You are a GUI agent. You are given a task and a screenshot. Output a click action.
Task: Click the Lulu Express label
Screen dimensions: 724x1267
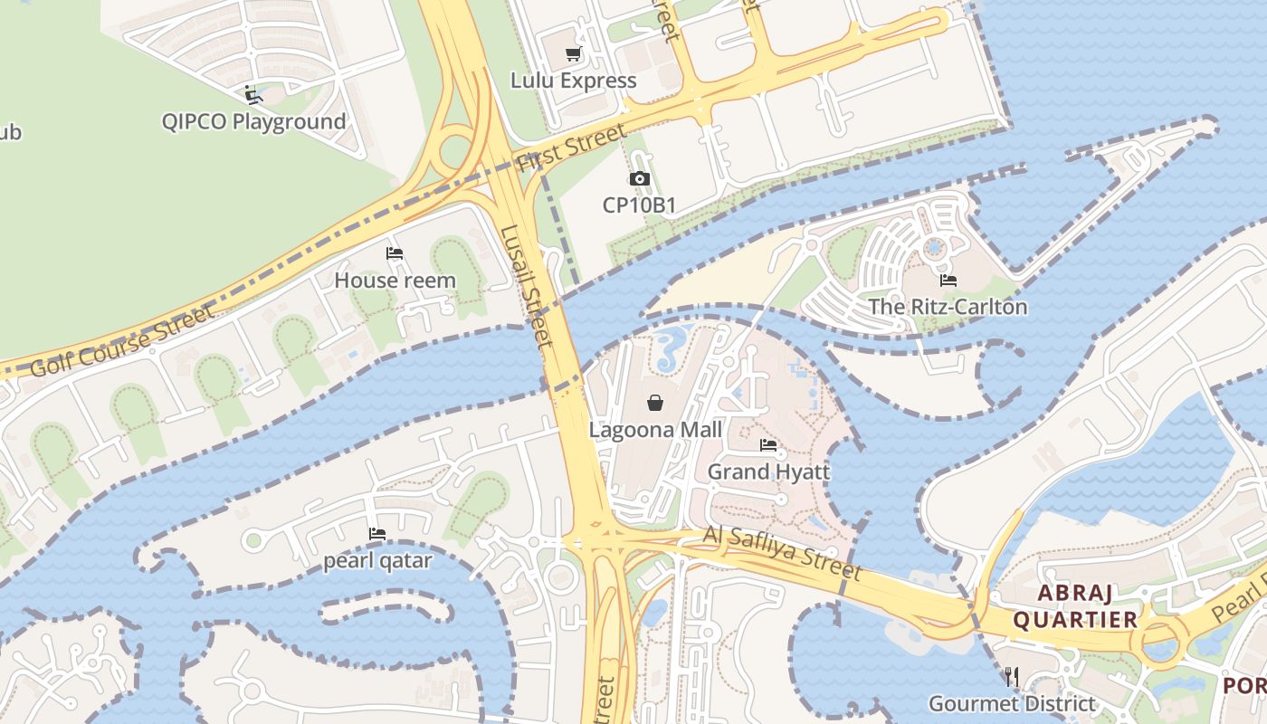(x=573, y=81)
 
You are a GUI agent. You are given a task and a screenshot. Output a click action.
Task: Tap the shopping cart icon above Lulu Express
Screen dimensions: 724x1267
(x=573, y=54)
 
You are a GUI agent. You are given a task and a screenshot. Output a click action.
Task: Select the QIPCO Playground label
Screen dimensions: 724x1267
(x=253, y=121)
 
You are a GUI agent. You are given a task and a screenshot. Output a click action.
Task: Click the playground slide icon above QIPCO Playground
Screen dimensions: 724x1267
(x=253, y=94)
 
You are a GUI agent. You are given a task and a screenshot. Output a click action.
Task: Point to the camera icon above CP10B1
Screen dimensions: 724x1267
(x=639, y=179)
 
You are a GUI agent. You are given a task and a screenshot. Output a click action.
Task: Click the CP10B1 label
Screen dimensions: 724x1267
(x=639, y=205)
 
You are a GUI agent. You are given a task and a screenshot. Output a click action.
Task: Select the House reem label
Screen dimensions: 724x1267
(x=395, y=281)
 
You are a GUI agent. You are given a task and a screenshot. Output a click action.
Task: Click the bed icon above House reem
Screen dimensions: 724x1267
(x=395, y=253)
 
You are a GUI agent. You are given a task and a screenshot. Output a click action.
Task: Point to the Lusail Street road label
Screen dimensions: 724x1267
(x=526, y=286)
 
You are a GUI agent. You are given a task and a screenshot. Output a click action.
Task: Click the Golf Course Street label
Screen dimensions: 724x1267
(x=122, y=341)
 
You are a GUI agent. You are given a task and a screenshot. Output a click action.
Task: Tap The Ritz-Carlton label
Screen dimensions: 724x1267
(x=948, y=307)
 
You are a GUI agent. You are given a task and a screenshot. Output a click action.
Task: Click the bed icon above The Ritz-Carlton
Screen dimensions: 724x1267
(x=948, y=281)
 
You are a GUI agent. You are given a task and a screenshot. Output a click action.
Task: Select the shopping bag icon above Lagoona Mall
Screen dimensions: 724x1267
(x=655, y=403)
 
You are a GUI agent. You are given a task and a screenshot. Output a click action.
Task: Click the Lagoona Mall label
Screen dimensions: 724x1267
(x=655, y=429)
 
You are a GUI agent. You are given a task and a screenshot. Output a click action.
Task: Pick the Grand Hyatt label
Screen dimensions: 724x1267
(x=768, y=472)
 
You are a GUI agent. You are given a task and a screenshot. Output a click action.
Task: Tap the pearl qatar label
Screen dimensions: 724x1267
(x=377, y=561)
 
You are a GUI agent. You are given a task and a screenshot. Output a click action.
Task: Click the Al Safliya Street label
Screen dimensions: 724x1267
(x=782, y=552)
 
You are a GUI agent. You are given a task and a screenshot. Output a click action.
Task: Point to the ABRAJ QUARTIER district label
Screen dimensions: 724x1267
(x=1075, y=606)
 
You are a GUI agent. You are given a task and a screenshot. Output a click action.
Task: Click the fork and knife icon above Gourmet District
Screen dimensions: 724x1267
(x=1012, y=677)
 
